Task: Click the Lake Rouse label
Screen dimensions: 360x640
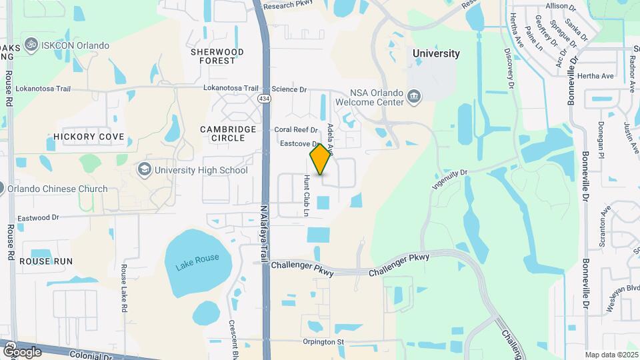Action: tap(197, 258)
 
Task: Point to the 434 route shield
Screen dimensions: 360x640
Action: tap(265, 98)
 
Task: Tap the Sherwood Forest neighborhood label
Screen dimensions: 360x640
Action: tap(217, 56)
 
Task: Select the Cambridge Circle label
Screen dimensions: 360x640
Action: tap(229, 133)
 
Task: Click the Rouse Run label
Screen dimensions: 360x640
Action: tap(45, 261)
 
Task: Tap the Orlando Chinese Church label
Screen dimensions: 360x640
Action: tap(57, 189)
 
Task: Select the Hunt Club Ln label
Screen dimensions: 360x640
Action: tap(307, 196)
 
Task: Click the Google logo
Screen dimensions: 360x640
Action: tap(22, 351)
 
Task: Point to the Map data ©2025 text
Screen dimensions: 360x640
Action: tap(611, 355)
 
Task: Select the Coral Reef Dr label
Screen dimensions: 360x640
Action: tap(297, 130)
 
